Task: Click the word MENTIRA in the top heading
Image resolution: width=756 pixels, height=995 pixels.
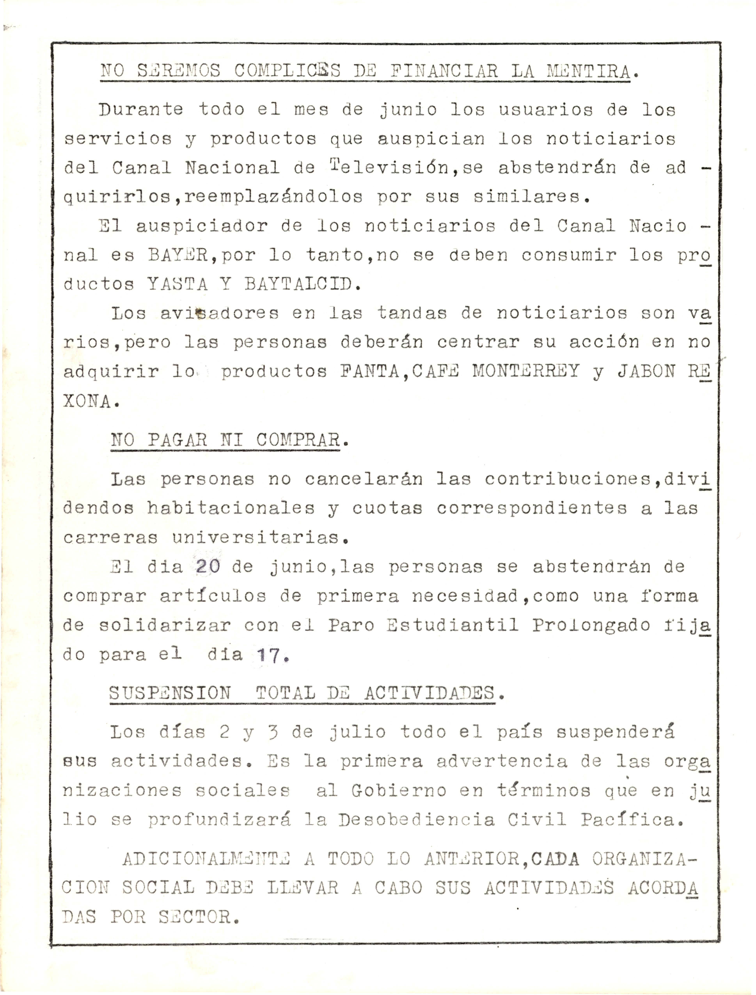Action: tap(588, 71)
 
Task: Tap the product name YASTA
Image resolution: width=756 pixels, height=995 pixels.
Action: tap(178, 284)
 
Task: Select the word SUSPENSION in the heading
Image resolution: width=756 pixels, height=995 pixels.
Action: tap(170, 693)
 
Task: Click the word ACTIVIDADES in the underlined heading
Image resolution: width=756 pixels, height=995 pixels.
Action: tap(430, 693)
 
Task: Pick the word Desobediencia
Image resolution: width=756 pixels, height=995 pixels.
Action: tap(417, 819)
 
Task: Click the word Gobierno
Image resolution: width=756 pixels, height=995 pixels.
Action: tap(399, 790)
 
